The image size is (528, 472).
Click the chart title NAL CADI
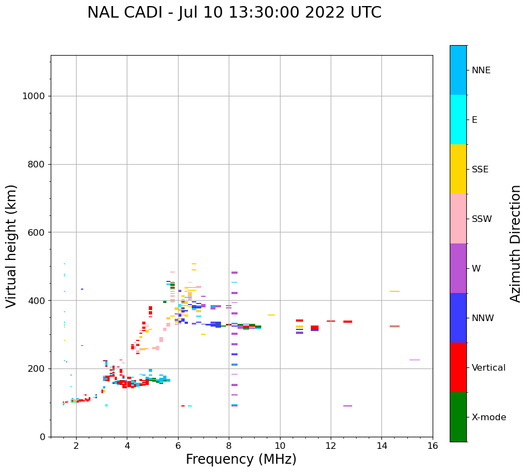point(234,13)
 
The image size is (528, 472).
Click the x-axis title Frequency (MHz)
point(241,459)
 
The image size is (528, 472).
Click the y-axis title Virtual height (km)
point(12,246)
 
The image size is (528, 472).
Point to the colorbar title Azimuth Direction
point(515,243)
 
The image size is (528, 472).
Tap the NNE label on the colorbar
point(481,70)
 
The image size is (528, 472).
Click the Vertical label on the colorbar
point(488,368)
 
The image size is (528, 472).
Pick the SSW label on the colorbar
point(482,219)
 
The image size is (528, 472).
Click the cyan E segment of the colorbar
point(458,120)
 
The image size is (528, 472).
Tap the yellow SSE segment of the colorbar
point(458,169)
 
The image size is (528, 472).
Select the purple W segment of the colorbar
point(458,268)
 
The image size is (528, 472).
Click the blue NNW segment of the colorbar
point(458,318)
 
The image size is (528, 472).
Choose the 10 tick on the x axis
point(280,446)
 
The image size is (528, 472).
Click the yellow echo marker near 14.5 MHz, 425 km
point(395,291)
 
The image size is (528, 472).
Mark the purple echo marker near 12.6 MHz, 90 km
point(348,406)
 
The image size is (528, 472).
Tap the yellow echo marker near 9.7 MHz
point(271,315)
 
